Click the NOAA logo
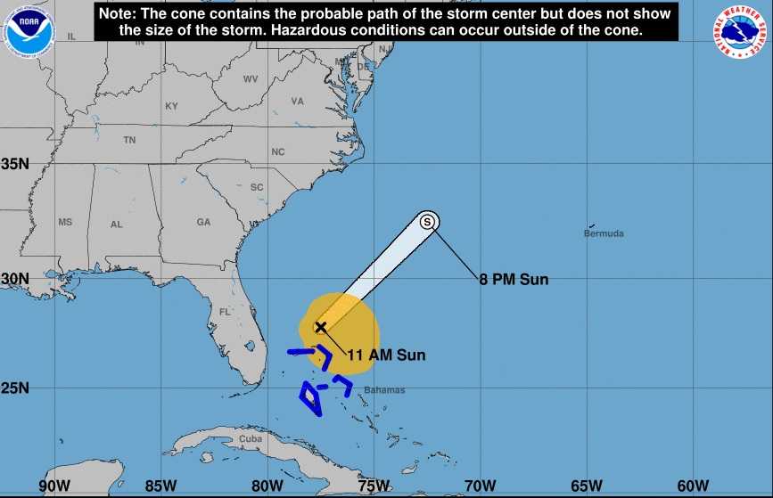pyautogui.click(x=29, y=29)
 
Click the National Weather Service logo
pyautogui.click(x=742, y=29)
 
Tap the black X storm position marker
pyautogui.click(x=321, y=327)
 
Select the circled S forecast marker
pyautogui.click(x=428, y=221)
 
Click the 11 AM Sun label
pyautogui.click(x=386, y=355)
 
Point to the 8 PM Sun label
pyautogui.click(x=514, y=280)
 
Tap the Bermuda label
pyautogui.click(x=604, y=234)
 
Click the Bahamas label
pyautogui.click(x=384, y=390)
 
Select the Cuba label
pyautogui.click(x=251, y=439)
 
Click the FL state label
pyautogui.click(x=225, y=313)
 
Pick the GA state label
pyautogui.click(x=204, y=222)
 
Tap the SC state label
pyautogui.click(x=257, y=187)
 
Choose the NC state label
pyautogui.click(x=278, y=152)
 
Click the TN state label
pyautogui.click(x=129, y=140)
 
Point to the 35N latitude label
pyautogui.click(x=15, y=164)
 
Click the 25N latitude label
pyautogui.click(x=15, y=388)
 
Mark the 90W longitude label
pyautogui.click(x=54, y=486)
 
